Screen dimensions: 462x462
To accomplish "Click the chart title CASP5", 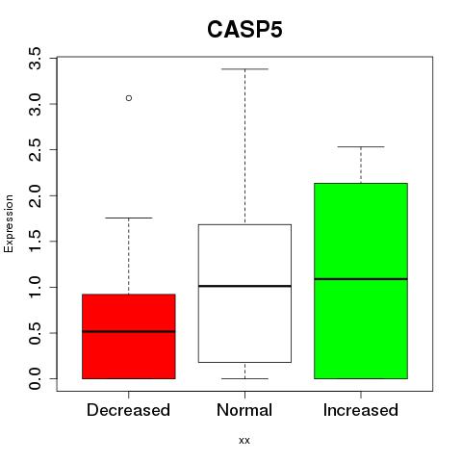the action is (244, 30).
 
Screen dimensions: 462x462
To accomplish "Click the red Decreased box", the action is (129, 336).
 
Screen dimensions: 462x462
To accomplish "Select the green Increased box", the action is (361, 281).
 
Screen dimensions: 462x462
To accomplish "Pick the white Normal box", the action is (244, 294).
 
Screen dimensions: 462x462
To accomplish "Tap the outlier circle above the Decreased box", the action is (129, 98).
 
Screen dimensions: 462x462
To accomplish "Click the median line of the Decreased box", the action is (129, 331).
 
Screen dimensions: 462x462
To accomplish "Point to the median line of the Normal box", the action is (244, 286).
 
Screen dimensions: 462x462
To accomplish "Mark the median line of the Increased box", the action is (361, 279).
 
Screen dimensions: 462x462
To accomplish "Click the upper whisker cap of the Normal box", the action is (244, 69).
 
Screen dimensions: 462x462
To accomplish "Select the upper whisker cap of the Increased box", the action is (361, 146).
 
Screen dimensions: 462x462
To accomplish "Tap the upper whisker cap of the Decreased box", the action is (129, 218).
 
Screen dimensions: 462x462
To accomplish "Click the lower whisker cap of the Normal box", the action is (244, 378).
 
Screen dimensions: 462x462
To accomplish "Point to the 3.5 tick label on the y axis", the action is (35, 58).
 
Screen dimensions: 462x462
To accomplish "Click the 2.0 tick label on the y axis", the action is (35, 195).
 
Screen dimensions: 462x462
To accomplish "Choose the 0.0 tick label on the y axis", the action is (35, 379).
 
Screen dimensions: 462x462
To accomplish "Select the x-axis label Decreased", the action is (128, 410).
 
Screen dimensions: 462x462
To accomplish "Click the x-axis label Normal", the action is (244, 410).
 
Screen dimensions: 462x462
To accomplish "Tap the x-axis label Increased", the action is (361, 410).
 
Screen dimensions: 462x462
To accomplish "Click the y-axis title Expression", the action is (9, 223).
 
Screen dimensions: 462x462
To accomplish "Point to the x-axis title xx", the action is (244, 441).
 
